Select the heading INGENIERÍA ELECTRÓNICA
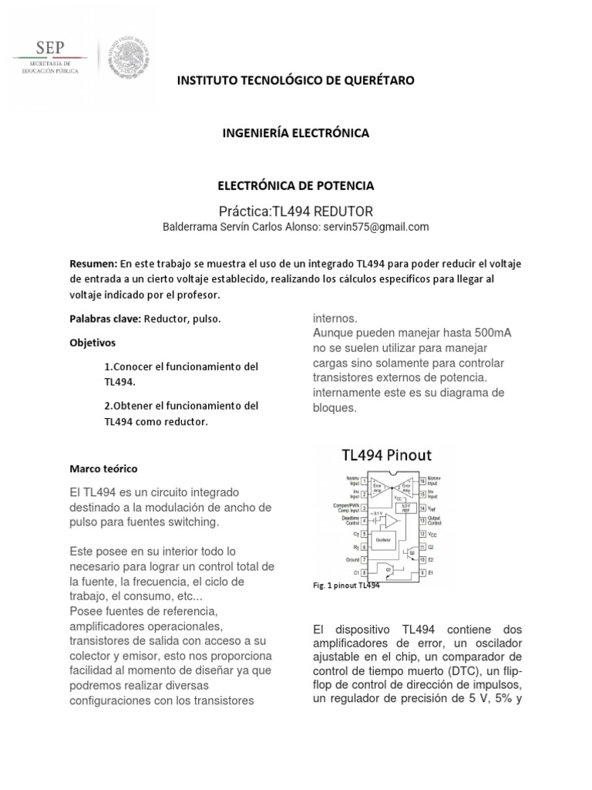[295, 133]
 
